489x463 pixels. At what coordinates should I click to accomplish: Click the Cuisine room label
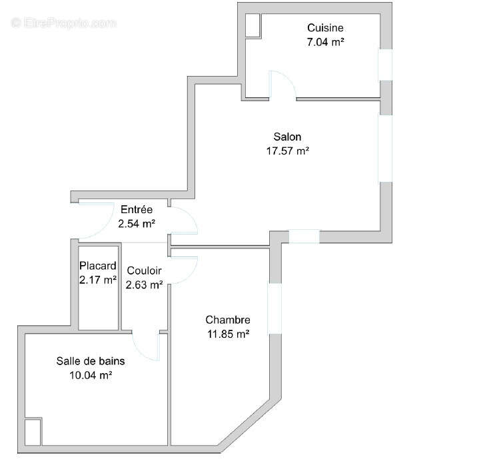point(325,28)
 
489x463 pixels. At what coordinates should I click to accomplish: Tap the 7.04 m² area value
point(325,41)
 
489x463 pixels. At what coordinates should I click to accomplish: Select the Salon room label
point(286,137)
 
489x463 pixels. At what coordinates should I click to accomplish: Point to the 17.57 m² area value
point(286,151)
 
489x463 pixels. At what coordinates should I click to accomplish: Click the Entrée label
point(137,210)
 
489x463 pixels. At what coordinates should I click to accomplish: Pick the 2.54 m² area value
point(137,223)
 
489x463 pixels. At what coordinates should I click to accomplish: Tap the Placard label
point(98,266)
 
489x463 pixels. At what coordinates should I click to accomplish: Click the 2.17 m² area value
point(98,280)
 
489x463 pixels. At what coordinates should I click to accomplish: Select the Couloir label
point(144,271)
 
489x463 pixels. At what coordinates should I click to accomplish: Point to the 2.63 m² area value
point(144,285)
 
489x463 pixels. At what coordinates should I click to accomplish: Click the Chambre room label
point(227,320)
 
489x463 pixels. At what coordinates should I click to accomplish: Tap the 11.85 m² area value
point(227,334)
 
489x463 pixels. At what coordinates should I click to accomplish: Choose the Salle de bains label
point(90,361)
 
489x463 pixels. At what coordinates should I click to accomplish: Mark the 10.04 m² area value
point(90,375)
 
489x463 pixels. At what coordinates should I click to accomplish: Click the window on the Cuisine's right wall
point(386,65)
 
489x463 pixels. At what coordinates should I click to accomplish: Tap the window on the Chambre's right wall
point(274,309)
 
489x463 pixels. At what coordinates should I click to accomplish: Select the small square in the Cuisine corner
point(252,25)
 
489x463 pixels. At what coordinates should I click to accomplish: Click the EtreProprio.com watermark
point(64,23)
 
